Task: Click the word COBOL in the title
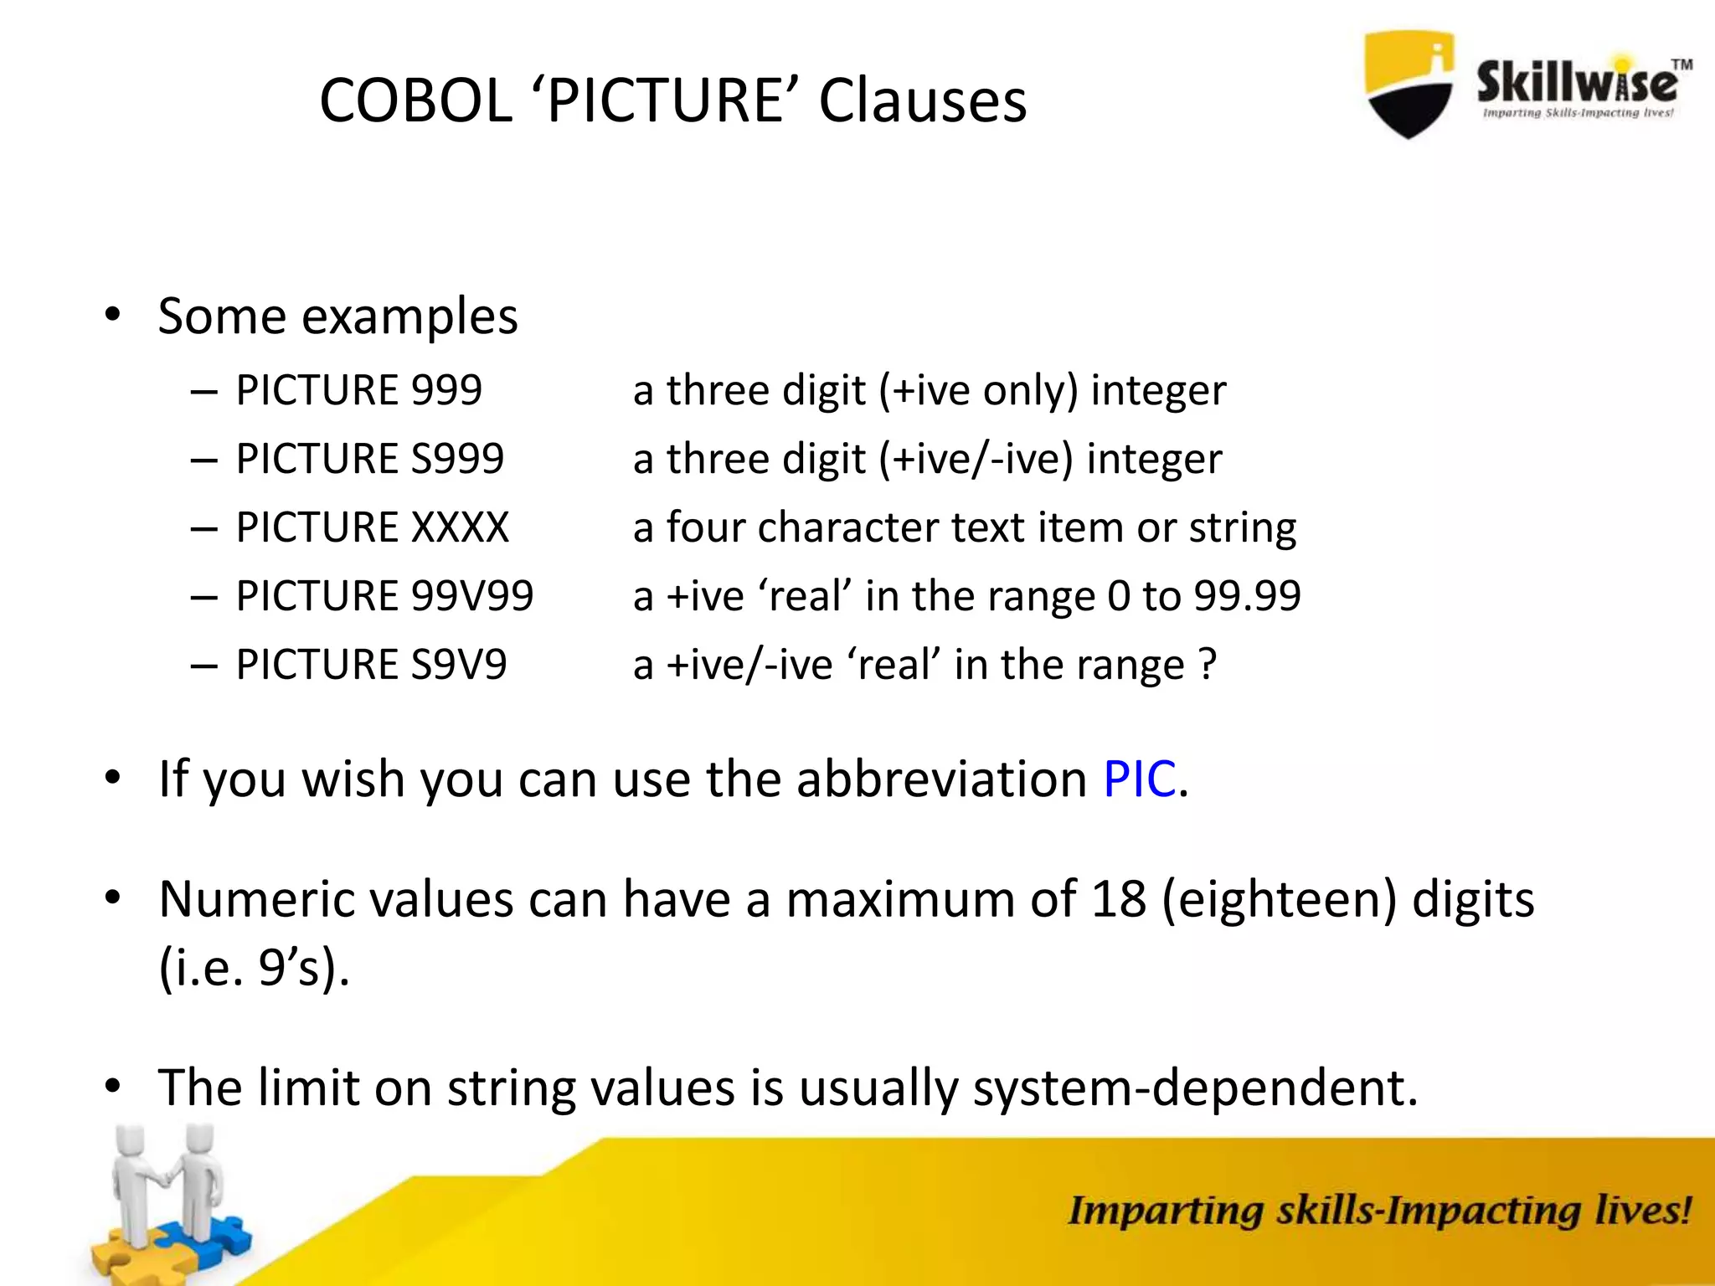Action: click(415, 100)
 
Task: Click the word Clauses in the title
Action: click(922, 100)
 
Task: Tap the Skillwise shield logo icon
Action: click(1409, 84)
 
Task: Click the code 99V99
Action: click(472, 596)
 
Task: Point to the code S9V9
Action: click(459, 665)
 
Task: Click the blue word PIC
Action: click(1139, 779)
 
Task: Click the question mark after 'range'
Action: click(1207, 665)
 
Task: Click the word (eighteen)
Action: click(1280, 901)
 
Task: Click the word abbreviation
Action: click(941, 779)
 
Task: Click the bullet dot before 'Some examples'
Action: click(113, 316)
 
